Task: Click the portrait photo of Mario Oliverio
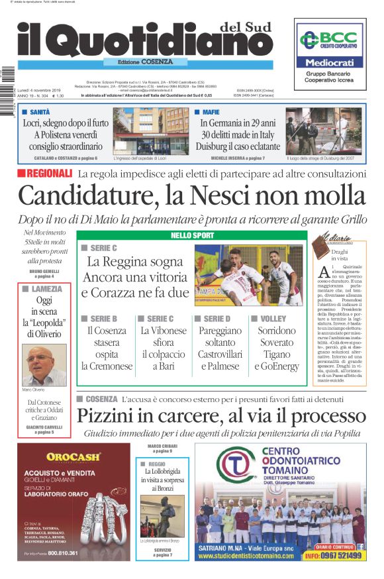click(44, 365)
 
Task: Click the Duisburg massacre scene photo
click(320, 131)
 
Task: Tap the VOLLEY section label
click(268, 319)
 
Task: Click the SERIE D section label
click(215, 319)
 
